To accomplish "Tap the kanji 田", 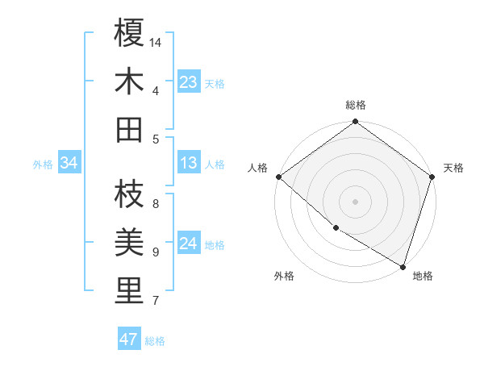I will (x=129, y=129).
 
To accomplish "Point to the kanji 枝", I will (x=129, y=194).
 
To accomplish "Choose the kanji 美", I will (x=129, y=242).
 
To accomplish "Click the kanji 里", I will (x=129, y=290).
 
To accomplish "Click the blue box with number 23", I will (x=189, y=82).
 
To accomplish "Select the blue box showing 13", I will (x=189, y=164).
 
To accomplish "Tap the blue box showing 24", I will (x=189, y=244).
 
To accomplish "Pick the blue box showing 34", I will (x=69, y=164).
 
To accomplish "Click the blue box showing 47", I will (x=129, y=339).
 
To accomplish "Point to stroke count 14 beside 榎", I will (x=156, y=42).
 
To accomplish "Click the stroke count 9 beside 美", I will (x=156, y=252).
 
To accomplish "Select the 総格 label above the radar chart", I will (x=356, y=105).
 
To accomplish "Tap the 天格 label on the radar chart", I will (x=453, y=168).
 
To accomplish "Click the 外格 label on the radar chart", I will (x=284, y=277).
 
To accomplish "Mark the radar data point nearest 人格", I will (x=278, y=177).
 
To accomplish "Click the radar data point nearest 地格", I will (x=402, y=266).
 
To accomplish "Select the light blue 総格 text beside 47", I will (x=155, y=341).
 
